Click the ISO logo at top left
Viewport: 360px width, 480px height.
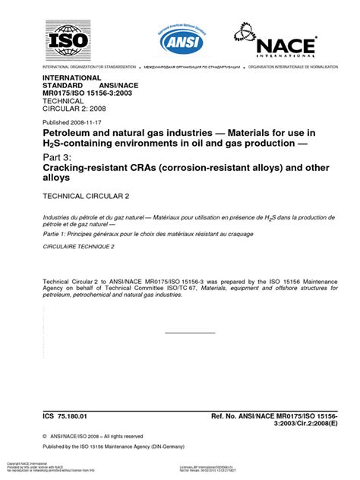(x=68, y=39)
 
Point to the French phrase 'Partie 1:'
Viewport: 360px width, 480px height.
(x=54, y=234)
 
